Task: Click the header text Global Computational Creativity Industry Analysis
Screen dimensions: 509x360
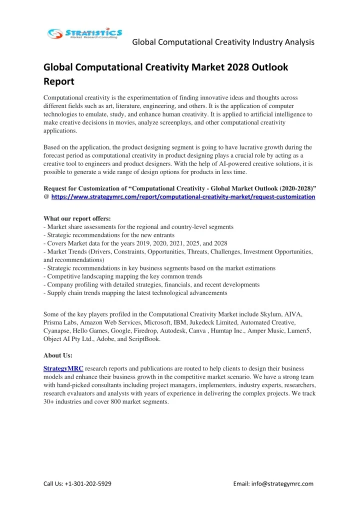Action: pos(223,42)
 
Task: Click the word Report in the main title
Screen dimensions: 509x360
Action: pos(59,80)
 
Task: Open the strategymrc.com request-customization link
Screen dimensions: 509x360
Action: pos(183,197)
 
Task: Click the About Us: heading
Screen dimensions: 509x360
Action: pos(58,355)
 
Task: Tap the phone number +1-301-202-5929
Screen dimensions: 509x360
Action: pos(88,483)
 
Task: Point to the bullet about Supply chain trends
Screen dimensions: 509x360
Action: pos(135,292)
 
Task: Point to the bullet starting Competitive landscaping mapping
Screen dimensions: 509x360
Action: pos(123,276)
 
